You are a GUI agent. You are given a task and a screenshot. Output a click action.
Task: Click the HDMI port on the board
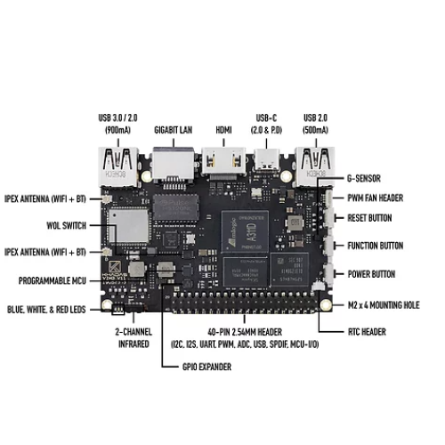tap(223, 160)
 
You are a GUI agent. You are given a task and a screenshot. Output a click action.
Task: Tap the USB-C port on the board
tap(266, 160)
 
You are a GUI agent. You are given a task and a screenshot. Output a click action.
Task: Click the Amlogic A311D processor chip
tap(245, 231)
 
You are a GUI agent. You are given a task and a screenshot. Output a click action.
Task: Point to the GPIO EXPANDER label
tap(206, 367)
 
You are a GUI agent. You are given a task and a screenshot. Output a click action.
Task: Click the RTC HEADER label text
tap(367, 332)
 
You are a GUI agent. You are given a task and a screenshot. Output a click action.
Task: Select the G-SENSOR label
tap(364, 178)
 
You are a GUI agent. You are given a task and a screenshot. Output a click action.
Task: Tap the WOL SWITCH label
tap(67, 225)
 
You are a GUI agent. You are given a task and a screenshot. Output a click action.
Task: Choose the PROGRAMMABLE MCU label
tap(53, 280)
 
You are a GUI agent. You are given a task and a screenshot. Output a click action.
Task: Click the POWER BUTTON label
tap(371, 274)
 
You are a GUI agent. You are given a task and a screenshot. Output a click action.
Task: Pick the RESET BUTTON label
tap(369, 218)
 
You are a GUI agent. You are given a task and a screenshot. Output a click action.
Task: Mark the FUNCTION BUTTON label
tap(376, 246)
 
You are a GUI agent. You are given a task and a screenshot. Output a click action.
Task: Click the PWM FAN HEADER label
tap(376, 198)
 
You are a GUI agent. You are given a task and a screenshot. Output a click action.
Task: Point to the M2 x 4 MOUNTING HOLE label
tap(384, 305)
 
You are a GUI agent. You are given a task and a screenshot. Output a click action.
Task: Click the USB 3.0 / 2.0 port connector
tap(118, 167)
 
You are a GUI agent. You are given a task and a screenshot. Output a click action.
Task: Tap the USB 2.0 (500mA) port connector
tap(315, 167)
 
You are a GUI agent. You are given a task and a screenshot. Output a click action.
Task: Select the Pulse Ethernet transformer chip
tap(175, 206)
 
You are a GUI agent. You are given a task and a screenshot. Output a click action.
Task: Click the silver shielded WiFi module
tap(128, 225)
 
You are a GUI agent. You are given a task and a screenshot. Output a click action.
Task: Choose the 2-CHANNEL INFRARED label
tap(133, 338)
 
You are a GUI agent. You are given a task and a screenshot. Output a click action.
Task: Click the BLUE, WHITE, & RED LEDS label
tap(46, 310)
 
